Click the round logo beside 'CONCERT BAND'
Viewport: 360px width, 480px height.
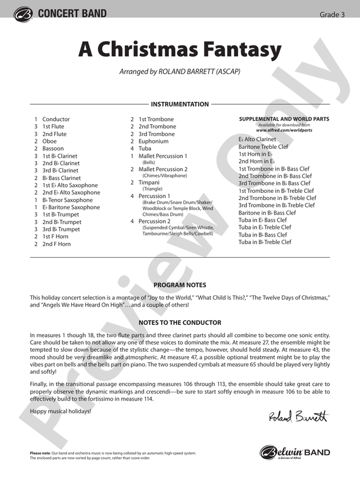23,14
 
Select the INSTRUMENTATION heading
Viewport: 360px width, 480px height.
179,104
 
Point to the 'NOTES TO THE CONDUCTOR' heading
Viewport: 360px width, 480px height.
179,322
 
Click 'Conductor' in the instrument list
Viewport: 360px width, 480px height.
56,119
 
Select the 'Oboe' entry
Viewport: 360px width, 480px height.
49,141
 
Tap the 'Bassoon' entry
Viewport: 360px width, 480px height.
53,148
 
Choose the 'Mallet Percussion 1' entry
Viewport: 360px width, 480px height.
163,156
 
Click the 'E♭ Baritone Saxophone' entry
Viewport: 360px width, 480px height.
71,207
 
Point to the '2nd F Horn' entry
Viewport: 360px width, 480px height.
56,244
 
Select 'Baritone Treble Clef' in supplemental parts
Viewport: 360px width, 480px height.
264,146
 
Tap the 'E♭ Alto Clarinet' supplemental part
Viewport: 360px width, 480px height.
257,139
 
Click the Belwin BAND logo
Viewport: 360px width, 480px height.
295,452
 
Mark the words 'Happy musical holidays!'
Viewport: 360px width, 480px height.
61,411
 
